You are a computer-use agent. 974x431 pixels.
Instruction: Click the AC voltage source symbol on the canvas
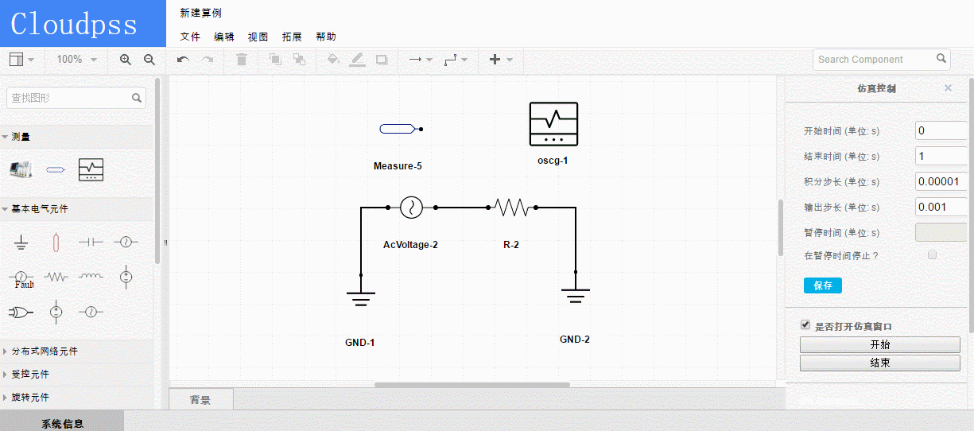point(411,208)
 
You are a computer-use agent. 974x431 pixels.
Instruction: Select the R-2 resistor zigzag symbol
point(512,208)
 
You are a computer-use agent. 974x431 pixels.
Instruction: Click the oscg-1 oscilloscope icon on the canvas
point(553,124)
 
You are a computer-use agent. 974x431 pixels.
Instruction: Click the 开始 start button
point(879,345)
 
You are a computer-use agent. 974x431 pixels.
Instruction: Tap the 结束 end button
point(879,363)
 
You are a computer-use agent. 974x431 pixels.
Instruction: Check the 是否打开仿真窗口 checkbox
point(805,325)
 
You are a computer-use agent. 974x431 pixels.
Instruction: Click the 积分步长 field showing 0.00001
point(941,181)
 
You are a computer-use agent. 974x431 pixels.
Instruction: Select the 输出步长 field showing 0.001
point(941,207)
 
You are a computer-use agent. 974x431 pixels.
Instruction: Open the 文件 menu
point(190,37)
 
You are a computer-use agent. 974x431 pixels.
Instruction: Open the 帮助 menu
point(326,37)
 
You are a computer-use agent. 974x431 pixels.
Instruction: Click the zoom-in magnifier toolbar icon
point(126,60)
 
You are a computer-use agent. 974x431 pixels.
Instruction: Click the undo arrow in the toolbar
point(183,60)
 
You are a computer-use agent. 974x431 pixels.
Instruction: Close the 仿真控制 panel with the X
point(948,87)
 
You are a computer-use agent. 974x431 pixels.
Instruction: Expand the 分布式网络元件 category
point(45,351)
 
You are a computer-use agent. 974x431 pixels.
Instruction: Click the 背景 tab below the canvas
point(200,399)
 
